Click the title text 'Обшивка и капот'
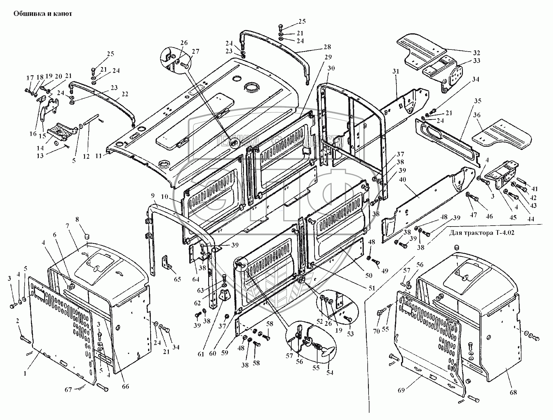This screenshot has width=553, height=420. pos(42,14)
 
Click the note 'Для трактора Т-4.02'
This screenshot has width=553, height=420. pos(482,232)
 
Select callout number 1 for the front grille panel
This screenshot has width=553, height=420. pos(25,373)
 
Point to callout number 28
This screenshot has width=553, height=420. pos(327,47)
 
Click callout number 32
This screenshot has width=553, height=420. pos(476,53)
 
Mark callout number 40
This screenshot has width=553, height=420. pos(402,180)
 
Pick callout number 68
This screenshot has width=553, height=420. pos(513,392)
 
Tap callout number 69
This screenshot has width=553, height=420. pos(401,390)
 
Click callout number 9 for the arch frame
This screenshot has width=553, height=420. pos(154,196)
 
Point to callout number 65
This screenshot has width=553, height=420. pos(178,279)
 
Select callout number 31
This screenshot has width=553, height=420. pos(396,71)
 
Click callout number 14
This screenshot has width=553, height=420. pos(40,148)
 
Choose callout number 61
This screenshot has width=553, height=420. pos(201,354)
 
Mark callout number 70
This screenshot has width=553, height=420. pos(377,331)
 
